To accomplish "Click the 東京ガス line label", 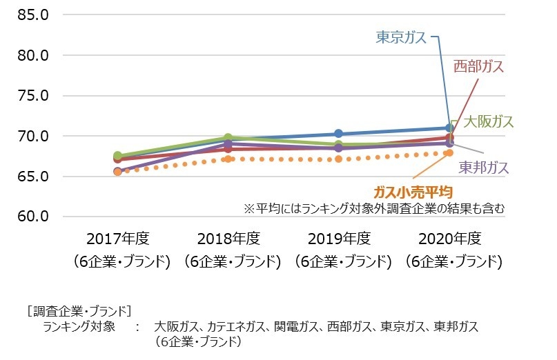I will (401, 37).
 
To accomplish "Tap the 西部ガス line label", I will (478, 66).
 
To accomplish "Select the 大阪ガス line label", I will (488, 121).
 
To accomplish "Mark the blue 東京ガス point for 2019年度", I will (338, 134).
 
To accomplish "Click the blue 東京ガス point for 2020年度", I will (449, 128).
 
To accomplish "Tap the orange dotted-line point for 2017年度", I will (117, 171).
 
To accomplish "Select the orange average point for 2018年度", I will (228, 159).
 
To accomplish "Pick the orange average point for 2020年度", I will (449, 152).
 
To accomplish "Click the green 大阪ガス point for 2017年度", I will (117, 156).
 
